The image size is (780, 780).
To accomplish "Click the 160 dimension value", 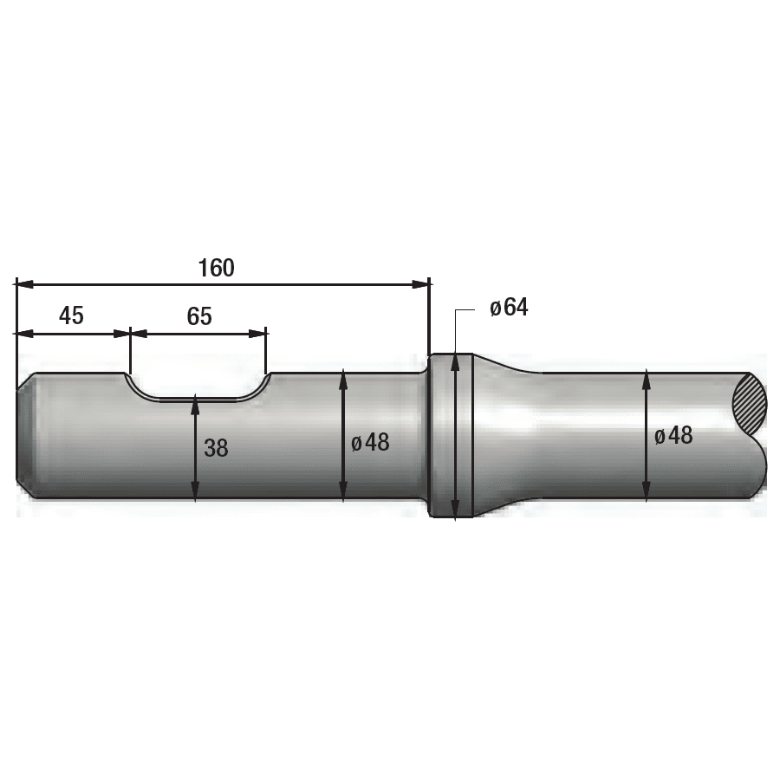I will pyautogui.click(x=216, y=268).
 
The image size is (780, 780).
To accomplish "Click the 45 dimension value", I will pyautogui.click(x=71, y=315).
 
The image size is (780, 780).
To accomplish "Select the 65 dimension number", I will pyautogui.click(x=199, y=316).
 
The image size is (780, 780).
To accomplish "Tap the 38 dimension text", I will pyautogui.click(x=216, y=448).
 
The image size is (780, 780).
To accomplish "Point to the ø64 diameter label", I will pyautogui.click(x=509, y=308).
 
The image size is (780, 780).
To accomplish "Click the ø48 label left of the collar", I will pyautogui.click(x=371, y=443).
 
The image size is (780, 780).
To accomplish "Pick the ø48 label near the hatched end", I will pyautogui.click(x=673, y=436).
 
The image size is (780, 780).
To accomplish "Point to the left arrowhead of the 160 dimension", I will pyautogui.click(x=23, y=283).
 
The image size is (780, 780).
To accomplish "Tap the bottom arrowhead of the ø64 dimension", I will pyautogui.click(x=454, y=510).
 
